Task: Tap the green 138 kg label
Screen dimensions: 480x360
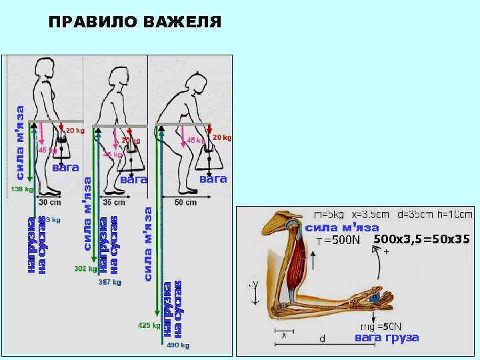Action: tap(22, 189)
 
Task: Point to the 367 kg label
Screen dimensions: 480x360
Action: tap(109, 282)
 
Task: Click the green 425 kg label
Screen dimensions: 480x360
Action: tap(149, 326)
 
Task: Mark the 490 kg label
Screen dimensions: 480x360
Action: tap(177, 345)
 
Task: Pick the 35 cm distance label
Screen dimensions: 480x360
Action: tap(114, 201)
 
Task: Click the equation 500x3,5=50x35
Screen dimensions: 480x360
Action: tap(421, 239)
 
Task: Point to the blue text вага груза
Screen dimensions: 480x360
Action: tap(387, 338)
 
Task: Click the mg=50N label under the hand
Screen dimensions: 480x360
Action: tap(380, 326)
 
